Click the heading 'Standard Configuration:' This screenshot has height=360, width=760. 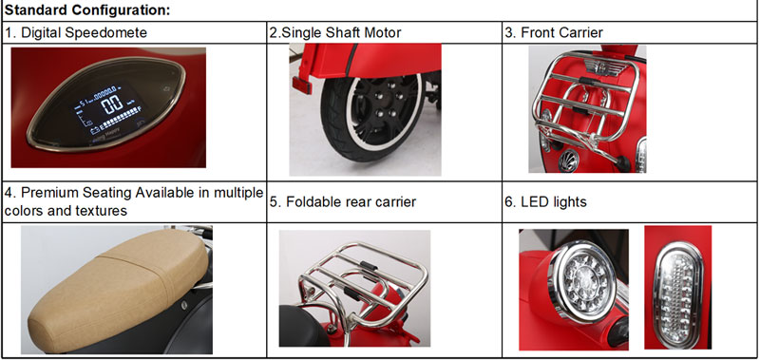click(87, 10)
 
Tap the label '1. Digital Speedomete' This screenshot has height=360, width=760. click(76, 32)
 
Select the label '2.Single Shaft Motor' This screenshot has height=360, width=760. click(335, 32)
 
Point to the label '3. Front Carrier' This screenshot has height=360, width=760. click(554, 32)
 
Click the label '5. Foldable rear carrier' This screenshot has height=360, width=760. click(343, 201)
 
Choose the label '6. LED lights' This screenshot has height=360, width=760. click(545, 201)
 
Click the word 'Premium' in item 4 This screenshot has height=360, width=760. click(50, 193)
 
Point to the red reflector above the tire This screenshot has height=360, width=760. click(301, 85)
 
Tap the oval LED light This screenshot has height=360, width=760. click(677, 289)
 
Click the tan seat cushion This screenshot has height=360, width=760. click(119, 283)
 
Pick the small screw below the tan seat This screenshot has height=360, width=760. click(184, 305)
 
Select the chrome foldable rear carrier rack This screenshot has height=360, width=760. click(364, 286)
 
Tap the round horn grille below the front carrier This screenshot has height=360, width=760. click(568, 161)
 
